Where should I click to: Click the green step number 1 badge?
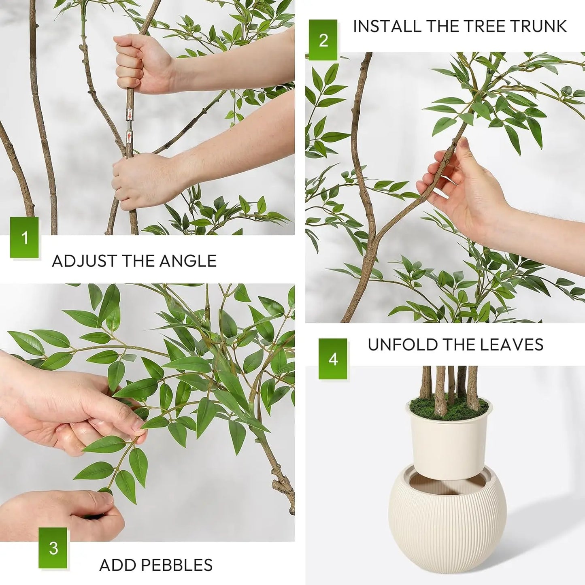24,238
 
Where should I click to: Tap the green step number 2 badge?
323,40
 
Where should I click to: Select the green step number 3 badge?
53,548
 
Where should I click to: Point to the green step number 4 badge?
333,359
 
